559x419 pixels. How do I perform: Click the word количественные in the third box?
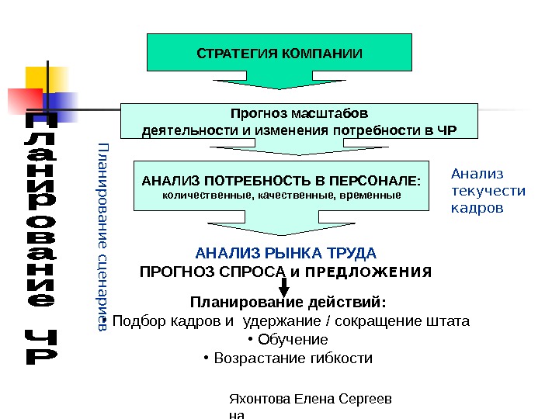point(199,195)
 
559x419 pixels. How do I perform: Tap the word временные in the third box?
point(373,195)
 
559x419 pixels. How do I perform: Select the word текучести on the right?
point(488,191)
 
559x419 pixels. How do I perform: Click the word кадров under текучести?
point(477,208)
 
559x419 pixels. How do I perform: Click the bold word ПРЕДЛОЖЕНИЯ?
point(370,272)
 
